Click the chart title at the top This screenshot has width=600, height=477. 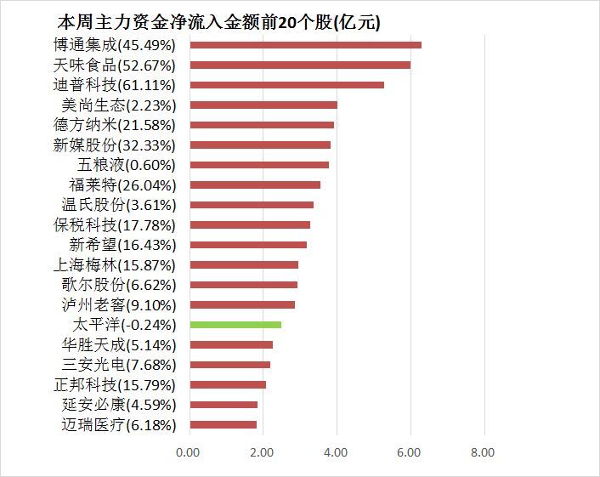[218, 21]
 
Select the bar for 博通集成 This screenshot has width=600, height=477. [306, 45]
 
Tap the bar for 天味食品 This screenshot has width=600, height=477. [300, 65]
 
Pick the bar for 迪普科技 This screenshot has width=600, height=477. [287, 85]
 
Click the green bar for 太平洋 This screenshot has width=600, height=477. [235, 325]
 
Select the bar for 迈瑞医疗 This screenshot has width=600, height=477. [224, 424]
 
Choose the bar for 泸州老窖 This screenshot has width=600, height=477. [242, 304]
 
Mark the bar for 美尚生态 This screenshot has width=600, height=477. [263, 105]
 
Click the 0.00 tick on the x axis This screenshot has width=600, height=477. [189, 452]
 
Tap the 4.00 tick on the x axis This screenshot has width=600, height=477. [337, 452]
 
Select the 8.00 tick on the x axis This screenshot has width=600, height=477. [484, 452]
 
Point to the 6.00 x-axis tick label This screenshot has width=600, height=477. [410, 452]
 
